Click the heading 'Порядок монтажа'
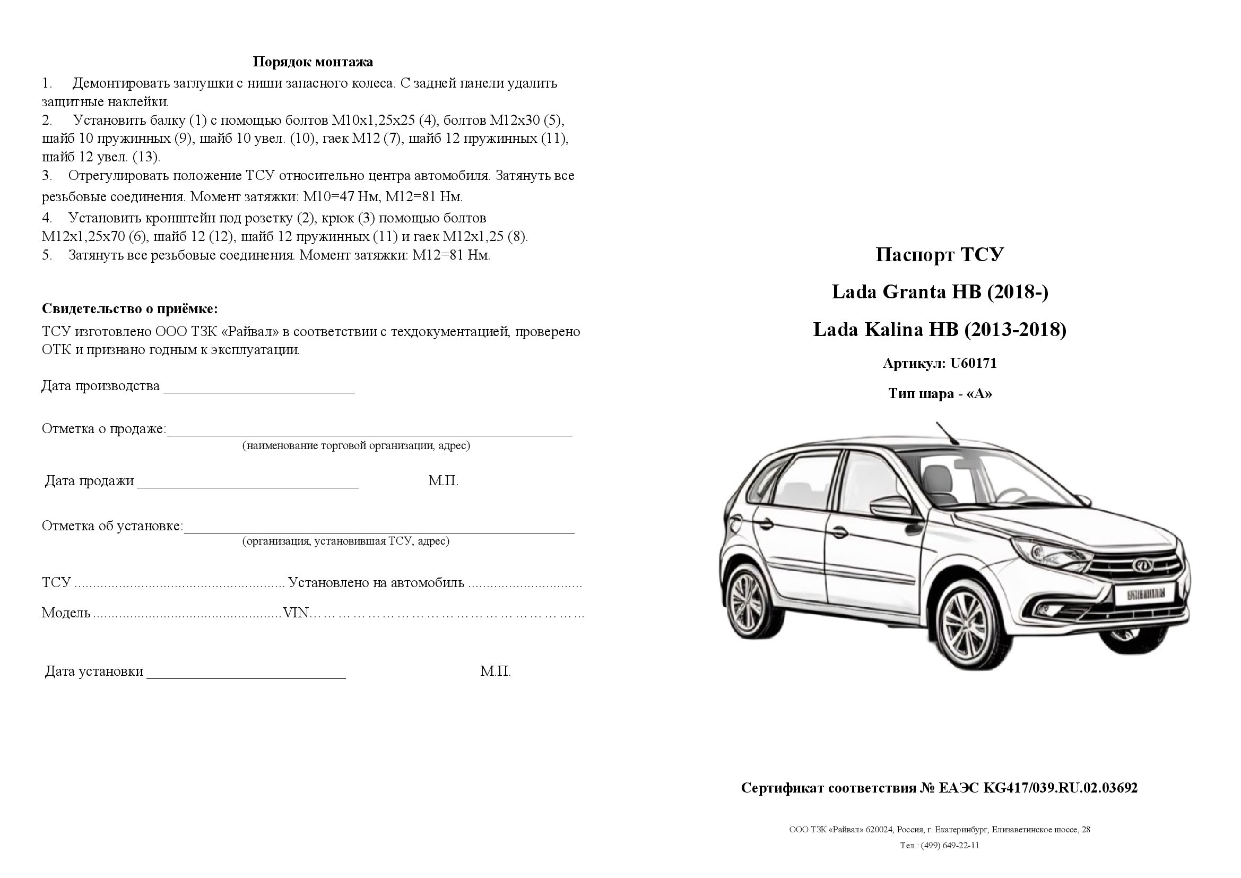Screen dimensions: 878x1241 coord(313,62)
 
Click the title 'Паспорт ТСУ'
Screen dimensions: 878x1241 coord(940,255)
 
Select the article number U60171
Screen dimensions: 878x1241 coord(973,363)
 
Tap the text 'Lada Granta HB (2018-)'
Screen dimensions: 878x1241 coord(940,292)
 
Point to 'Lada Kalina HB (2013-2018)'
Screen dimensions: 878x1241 coord(940,329)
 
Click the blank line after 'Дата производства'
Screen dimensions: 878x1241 coord(259,388)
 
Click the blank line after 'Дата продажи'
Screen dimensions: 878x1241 coord(248,483)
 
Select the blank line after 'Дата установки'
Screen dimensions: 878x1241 coord(246,673)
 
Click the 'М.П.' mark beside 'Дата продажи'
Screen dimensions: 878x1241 coord(443,480)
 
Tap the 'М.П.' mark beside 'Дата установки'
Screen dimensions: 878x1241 coord(495,672)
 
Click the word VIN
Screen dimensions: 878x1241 coord(296,613)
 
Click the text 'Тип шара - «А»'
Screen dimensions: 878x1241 coord(940,393)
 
